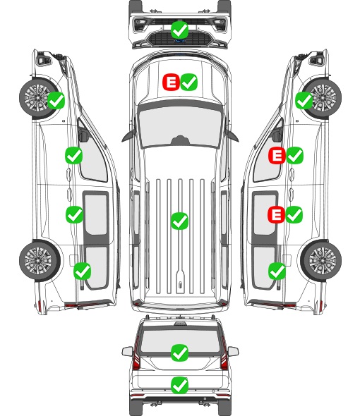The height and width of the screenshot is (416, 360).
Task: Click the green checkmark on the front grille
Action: point(180,30)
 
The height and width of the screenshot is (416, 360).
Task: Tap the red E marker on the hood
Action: point(171,82)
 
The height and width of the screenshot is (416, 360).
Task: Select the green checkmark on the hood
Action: point(189,82)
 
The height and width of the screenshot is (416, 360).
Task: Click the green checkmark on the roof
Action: point(180,221)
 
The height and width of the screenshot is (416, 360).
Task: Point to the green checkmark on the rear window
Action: point(180,353)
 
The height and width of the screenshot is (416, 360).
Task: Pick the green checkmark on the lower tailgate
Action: point(180,385)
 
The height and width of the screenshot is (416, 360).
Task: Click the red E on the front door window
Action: point(277,155)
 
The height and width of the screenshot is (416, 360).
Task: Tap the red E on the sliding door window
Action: point(276,214)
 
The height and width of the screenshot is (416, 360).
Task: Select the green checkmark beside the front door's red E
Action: point(294,155)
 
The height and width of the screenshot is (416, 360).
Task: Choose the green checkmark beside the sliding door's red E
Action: point(294,214)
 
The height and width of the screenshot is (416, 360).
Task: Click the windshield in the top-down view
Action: point(180,127)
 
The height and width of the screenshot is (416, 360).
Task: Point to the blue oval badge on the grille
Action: point(180,41)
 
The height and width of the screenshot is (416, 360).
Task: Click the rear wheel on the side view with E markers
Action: point(321,260)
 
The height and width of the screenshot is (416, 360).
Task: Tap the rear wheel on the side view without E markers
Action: point(40,260)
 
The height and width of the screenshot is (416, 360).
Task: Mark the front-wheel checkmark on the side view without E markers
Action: point(56,100)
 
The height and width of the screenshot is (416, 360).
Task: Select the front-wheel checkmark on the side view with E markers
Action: point(304,100)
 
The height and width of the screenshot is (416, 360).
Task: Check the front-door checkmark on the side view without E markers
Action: point(74,155)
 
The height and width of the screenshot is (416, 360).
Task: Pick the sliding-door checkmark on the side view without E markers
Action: point(74,214)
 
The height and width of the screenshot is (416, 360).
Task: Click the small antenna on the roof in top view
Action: point(181,284)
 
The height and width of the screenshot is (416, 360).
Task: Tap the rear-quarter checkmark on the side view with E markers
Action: point(277,271)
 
